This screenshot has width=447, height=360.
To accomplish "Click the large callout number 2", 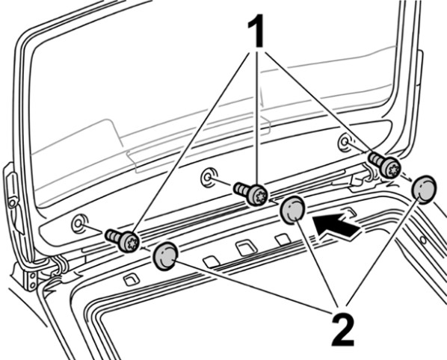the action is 342,329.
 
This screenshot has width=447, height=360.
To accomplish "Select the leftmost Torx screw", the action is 123,240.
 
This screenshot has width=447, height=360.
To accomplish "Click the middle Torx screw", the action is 251,193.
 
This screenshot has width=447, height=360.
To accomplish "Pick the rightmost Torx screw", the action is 385,164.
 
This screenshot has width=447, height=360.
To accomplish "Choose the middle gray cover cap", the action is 293,210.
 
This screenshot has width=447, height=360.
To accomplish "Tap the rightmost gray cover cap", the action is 425,189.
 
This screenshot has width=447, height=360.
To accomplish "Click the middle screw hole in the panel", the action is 209,177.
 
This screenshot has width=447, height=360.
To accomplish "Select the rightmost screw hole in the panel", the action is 345,141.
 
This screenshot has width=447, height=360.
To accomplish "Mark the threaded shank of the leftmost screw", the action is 112,236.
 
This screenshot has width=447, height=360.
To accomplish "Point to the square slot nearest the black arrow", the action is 350,212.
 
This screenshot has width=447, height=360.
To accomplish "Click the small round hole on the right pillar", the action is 423,240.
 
